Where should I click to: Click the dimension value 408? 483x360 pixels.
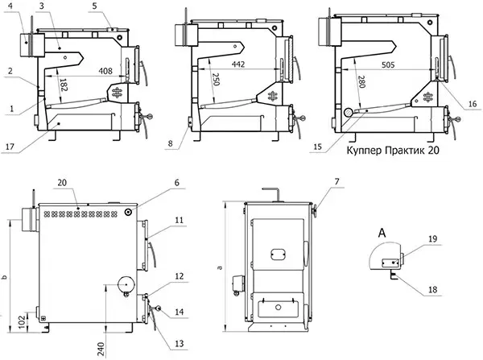point(105,71)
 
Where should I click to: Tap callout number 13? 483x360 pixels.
point(179,343)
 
